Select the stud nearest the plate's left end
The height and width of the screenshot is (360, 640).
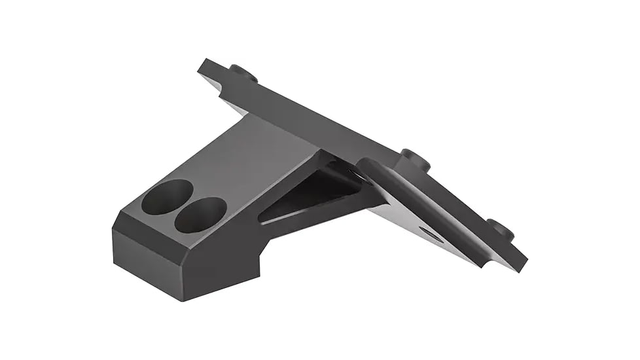tap(243, 72)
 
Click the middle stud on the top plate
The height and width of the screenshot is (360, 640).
tap(416, 159)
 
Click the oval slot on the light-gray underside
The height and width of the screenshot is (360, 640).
tap(431, 234)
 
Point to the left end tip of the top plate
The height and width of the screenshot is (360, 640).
tap(203, 65)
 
